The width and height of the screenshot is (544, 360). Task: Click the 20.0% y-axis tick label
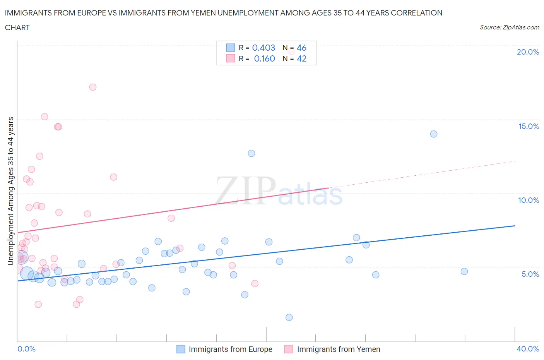pyautogui.click(x=528, y=52)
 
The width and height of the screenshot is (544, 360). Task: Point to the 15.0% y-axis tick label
pyautogui.click(x=529, y=126)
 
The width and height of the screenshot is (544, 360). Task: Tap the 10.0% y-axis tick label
pyautogui.click(x=529, y=200)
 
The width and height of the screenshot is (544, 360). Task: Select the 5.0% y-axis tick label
pyautogui.click(x=530, y=274)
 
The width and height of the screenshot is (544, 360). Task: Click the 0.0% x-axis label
pyautogui.click(x=26, y=349)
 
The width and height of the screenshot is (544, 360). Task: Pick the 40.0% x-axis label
pyautogui.click(x=528, y=349)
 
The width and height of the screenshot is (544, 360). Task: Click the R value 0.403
pyautogui.click(x=263, y=48)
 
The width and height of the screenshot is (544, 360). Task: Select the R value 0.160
pyautogui.click(x=264, y=58)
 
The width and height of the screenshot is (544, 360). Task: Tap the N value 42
pyautogui.click(x=301, y=58)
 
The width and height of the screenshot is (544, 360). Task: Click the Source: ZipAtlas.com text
pyautogui.click(x=509, y=27)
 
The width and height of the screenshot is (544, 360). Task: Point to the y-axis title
pyautogui.click(x=10, y=191)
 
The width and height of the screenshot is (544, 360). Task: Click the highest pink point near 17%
pyautogui.click(x=93, y=87)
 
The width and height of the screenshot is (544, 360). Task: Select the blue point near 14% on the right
pyautogui.click(x=434, y=134)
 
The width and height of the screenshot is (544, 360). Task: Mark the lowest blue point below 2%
pyautogui.click(x=289, y=317)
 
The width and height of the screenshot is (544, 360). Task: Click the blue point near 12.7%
pyautogui.click(x=251, y=153)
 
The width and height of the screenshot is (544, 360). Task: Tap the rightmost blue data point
pyautogui.click(x=464, y=271)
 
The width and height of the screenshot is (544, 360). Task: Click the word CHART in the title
pyautogui.click(x=17, y=27)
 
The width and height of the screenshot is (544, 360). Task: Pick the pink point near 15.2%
pyautogui.click(x=44, y=117)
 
